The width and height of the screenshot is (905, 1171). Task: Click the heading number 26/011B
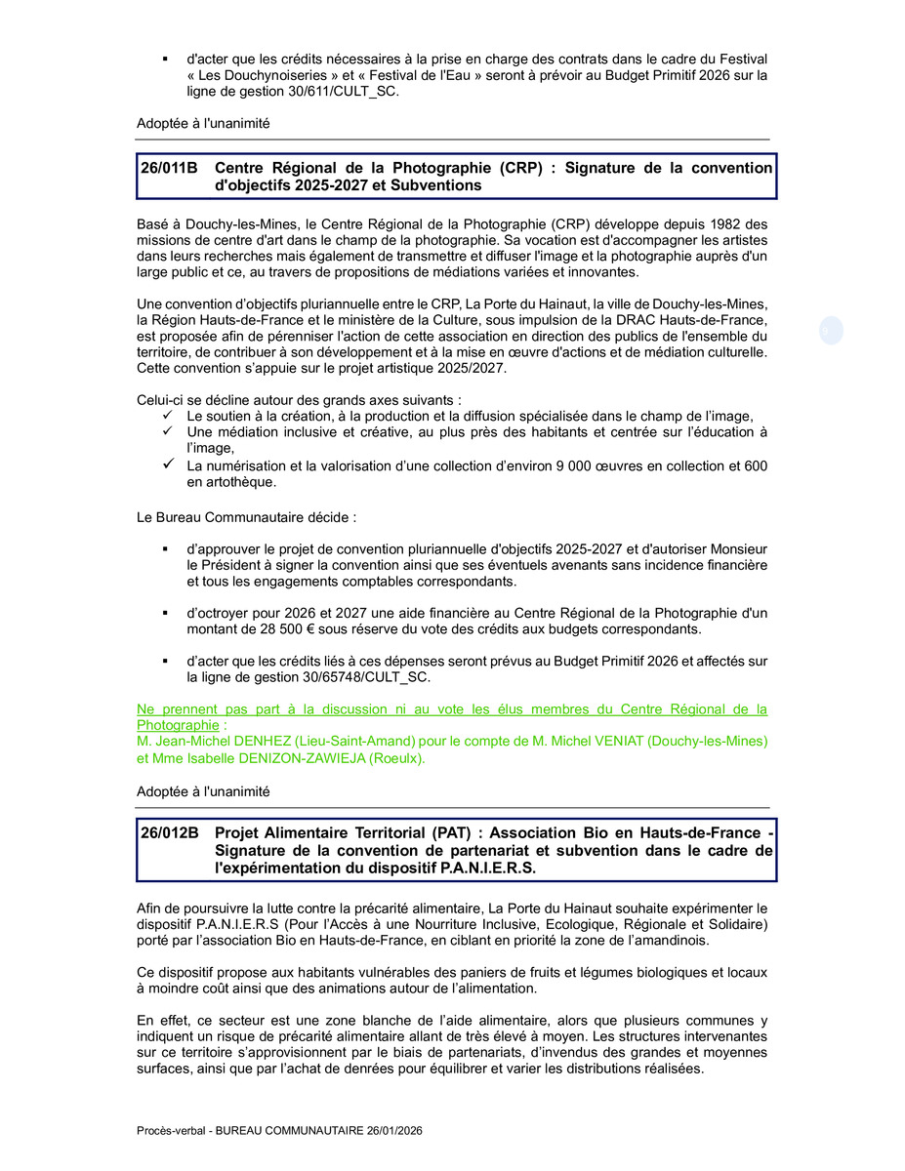coord(169,168)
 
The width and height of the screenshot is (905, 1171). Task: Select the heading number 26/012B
coord(169,833)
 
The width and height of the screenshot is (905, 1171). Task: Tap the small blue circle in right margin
coord(831,332)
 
